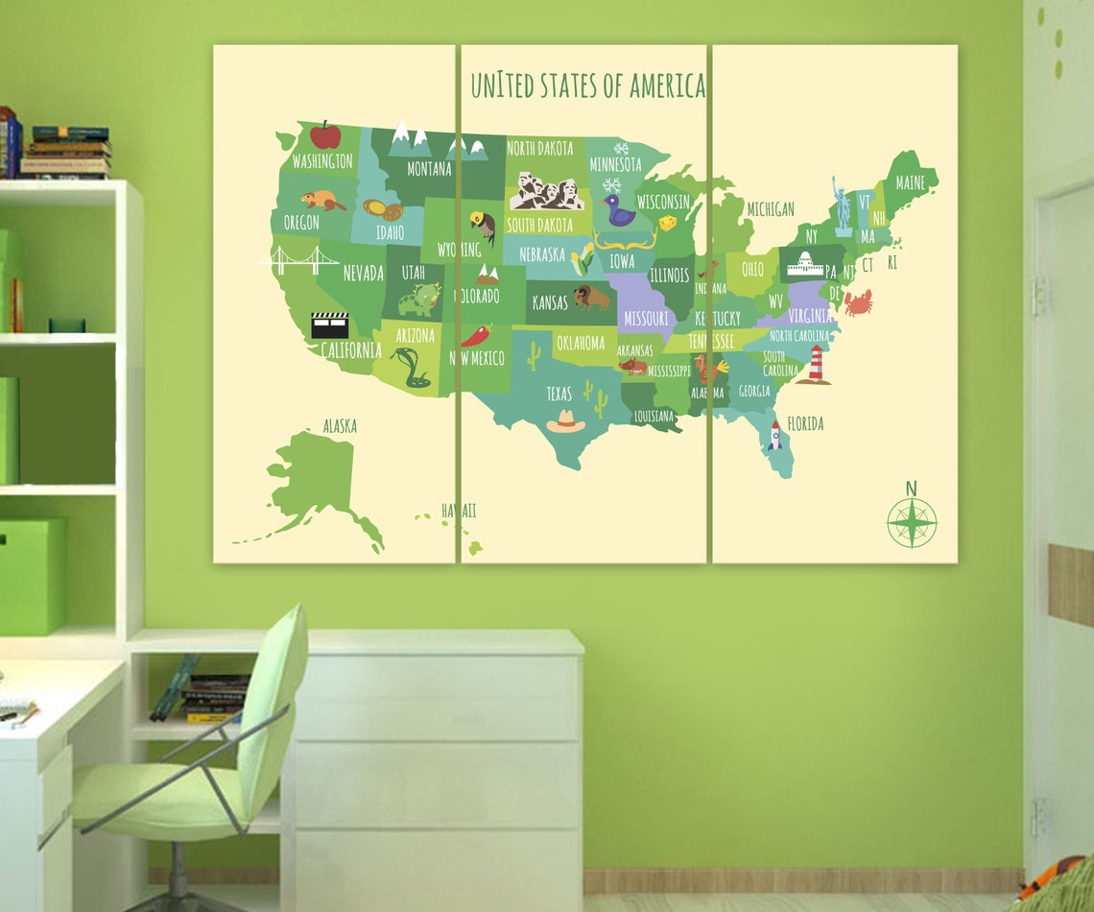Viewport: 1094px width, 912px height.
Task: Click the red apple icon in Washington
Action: point(325,135)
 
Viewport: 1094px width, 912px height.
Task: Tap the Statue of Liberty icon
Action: point(842,205)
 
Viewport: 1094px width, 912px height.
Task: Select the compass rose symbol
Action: point(911,523)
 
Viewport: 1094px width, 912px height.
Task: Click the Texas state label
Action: point(559,394)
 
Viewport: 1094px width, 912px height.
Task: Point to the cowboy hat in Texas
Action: point(566,421)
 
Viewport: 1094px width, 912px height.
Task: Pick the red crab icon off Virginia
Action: point(857,302)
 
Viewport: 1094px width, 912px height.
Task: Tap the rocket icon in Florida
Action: point(774,436)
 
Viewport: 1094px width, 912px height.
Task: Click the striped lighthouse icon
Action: point(816,365)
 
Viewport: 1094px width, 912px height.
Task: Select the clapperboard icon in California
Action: point(329,325)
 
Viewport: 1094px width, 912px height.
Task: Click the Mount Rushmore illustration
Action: point(546,192)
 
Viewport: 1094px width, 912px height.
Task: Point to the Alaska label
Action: point(340,425)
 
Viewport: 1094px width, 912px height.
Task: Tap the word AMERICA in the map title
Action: point(667,85)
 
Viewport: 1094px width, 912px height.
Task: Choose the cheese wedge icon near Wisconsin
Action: point(666,224)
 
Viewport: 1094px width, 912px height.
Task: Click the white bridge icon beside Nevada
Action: point(297,260)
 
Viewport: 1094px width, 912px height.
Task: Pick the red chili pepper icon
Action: point(476,335)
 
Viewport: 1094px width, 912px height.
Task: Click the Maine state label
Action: point(910,182)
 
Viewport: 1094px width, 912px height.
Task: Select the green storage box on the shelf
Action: point(32,575)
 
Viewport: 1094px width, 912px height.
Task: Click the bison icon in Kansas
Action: point(590,298)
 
